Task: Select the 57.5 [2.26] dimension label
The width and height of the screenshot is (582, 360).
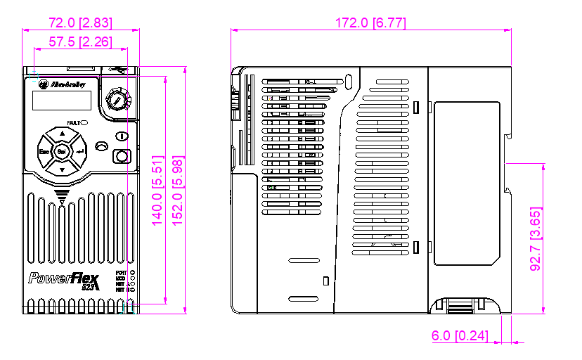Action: click(x=80, y=42)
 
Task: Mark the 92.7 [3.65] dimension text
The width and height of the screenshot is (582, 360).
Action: click(x=536, y=238)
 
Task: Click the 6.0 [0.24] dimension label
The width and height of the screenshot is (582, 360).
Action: click(x=460, y=336)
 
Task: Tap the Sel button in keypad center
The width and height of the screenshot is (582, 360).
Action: click(x=61, y=151)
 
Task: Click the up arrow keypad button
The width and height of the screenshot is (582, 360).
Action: click(x=62, y=134)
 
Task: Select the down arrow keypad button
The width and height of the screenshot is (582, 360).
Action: click(x=62, y=169)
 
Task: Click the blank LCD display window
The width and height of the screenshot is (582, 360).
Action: click(x=61, y=100)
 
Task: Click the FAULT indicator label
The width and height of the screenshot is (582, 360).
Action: click(x=73, y=122)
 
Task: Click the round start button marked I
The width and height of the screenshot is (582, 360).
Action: click(x=122, y=136)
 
